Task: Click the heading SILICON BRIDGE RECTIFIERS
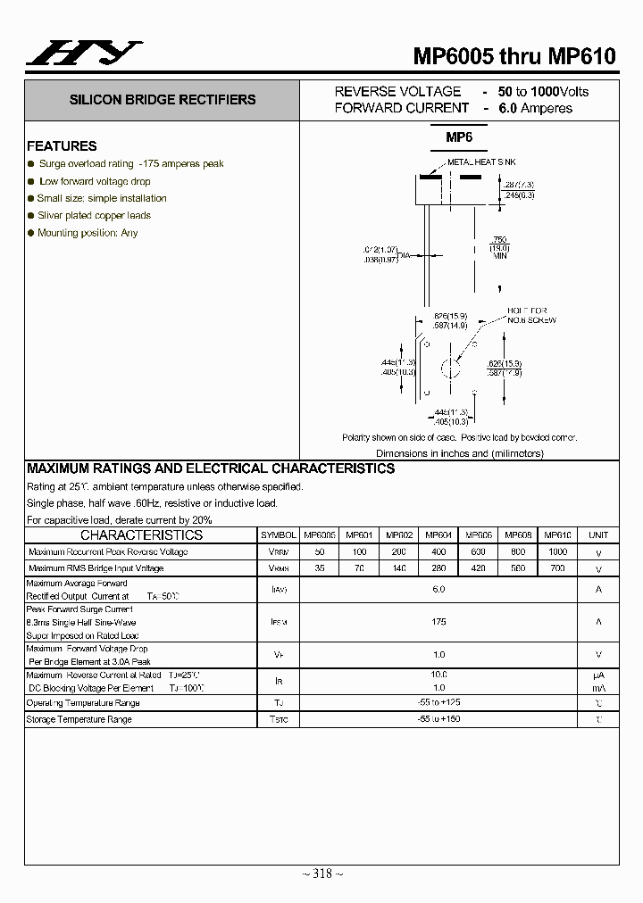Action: (x=163, y=100)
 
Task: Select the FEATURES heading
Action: (x=62, y=146)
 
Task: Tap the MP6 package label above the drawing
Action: (x=459, y=137)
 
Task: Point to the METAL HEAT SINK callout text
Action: (x=481, y=162)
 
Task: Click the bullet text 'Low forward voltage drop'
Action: (x=94, y=181)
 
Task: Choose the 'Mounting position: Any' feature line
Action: (x=88, y=233)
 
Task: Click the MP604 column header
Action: (x=438, y=535)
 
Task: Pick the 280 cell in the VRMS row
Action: (x=438, y=568)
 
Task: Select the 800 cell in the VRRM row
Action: (x=518, y=552)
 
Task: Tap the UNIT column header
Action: (x=598, y=535)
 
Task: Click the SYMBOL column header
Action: (x=279, y=535)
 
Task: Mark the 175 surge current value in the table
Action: (x=438, y=622)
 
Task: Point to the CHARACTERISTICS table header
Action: (x=141, y=535)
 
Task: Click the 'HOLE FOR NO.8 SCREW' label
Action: (x=531, y=315)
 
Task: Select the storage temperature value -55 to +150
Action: (x=438, y=719)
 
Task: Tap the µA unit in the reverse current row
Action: (x=598, y=675)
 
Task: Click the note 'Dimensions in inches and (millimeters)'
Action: (x=459, y=453)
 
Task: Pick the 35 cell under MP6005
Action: (x=319, y=568)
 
